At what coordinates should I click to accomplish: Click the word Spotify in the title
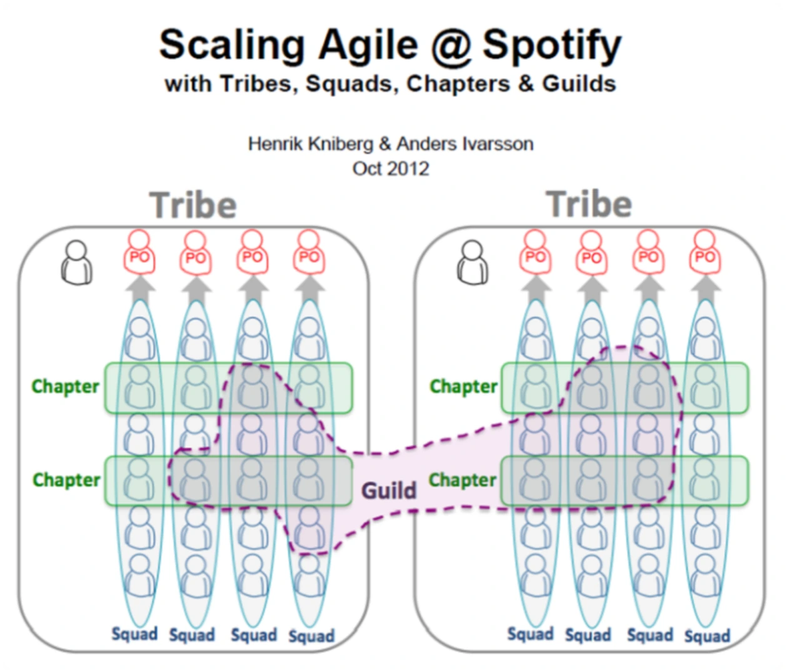pyautogui.click(x=552, y=46)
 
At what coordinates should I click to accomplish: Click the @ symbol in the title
pyautogui.click(x=450, y=47)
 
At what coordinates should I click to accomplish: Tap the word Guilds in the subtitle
pyautogui.click(x=579, y=84)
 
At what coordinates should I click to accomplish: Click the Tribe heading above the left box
pyautogui.click(x=193, y=205)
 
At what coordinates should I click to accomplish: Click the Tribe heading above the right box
pyautogui.click(x=589, y=204)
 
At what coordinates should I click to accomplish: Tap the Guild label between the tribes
pyautogui.click(x=388, y=490)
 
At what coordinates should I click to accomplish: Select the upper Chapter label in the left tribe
pyautogui.click(x=66, y=387)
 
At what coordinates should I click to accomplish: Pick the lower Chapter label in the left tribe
pyautogui.click(x=66, y=480)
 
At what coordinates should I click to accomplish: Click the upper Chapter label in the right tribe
pyautogui.click(x=463, y=387)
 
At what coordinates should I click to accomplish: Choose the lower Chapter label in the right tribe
pyautogui.click(x=463, y=480)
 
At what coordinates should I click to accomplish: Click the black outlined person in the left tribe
pyautogui.click(x=76, y=262)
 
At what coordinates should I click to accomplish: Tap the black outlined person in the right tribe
pyautogui.click(x=473, y=262)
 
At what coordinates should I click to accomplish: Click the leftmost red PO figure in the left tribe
pyautogui.click(x=139, y=252)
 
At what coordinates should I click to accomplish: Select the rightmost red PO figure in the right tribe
pyautogui.click(x=705, y=252)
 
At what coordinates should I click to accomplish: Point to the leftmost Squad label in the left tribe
pyautogui.click(x=134, y=634)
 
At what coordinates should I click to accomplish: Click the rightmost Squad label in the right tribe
pyautogui.click(x=707, y=636)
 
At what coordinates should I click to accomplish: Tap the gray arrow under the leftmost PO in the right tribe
pyautogui.click(x=536, y=288)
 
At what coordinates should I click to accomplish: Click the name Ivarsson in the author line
pyautogui.click(x=497, y=144)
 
